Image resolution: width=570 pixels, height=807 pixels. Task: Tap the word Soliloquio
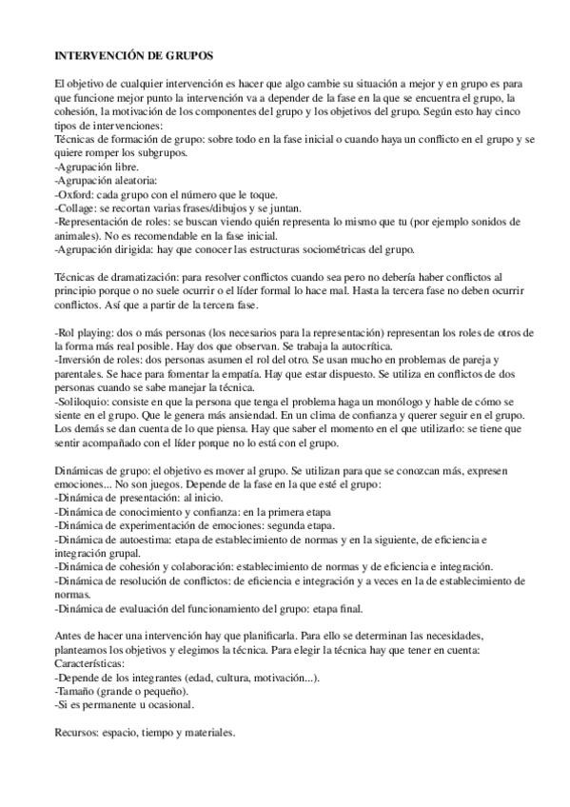click(x=87, y=401)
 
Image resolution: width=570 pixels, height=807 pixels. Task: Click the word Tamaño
click(x=80, y=690)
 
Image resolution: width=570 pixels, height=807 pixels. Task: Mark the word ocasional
click(x=168, y=704)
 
